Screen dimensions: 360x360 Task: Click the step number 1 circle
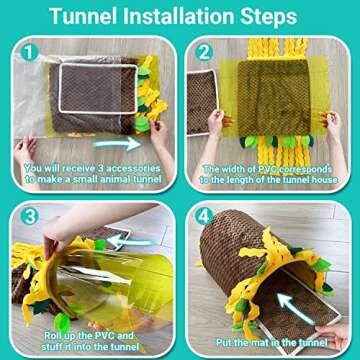tap(30, 50)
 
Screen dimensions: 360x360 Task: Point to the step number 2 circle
tap(203, 50)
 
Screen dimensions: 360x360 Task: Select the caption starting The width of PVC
tap(271, 175)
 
